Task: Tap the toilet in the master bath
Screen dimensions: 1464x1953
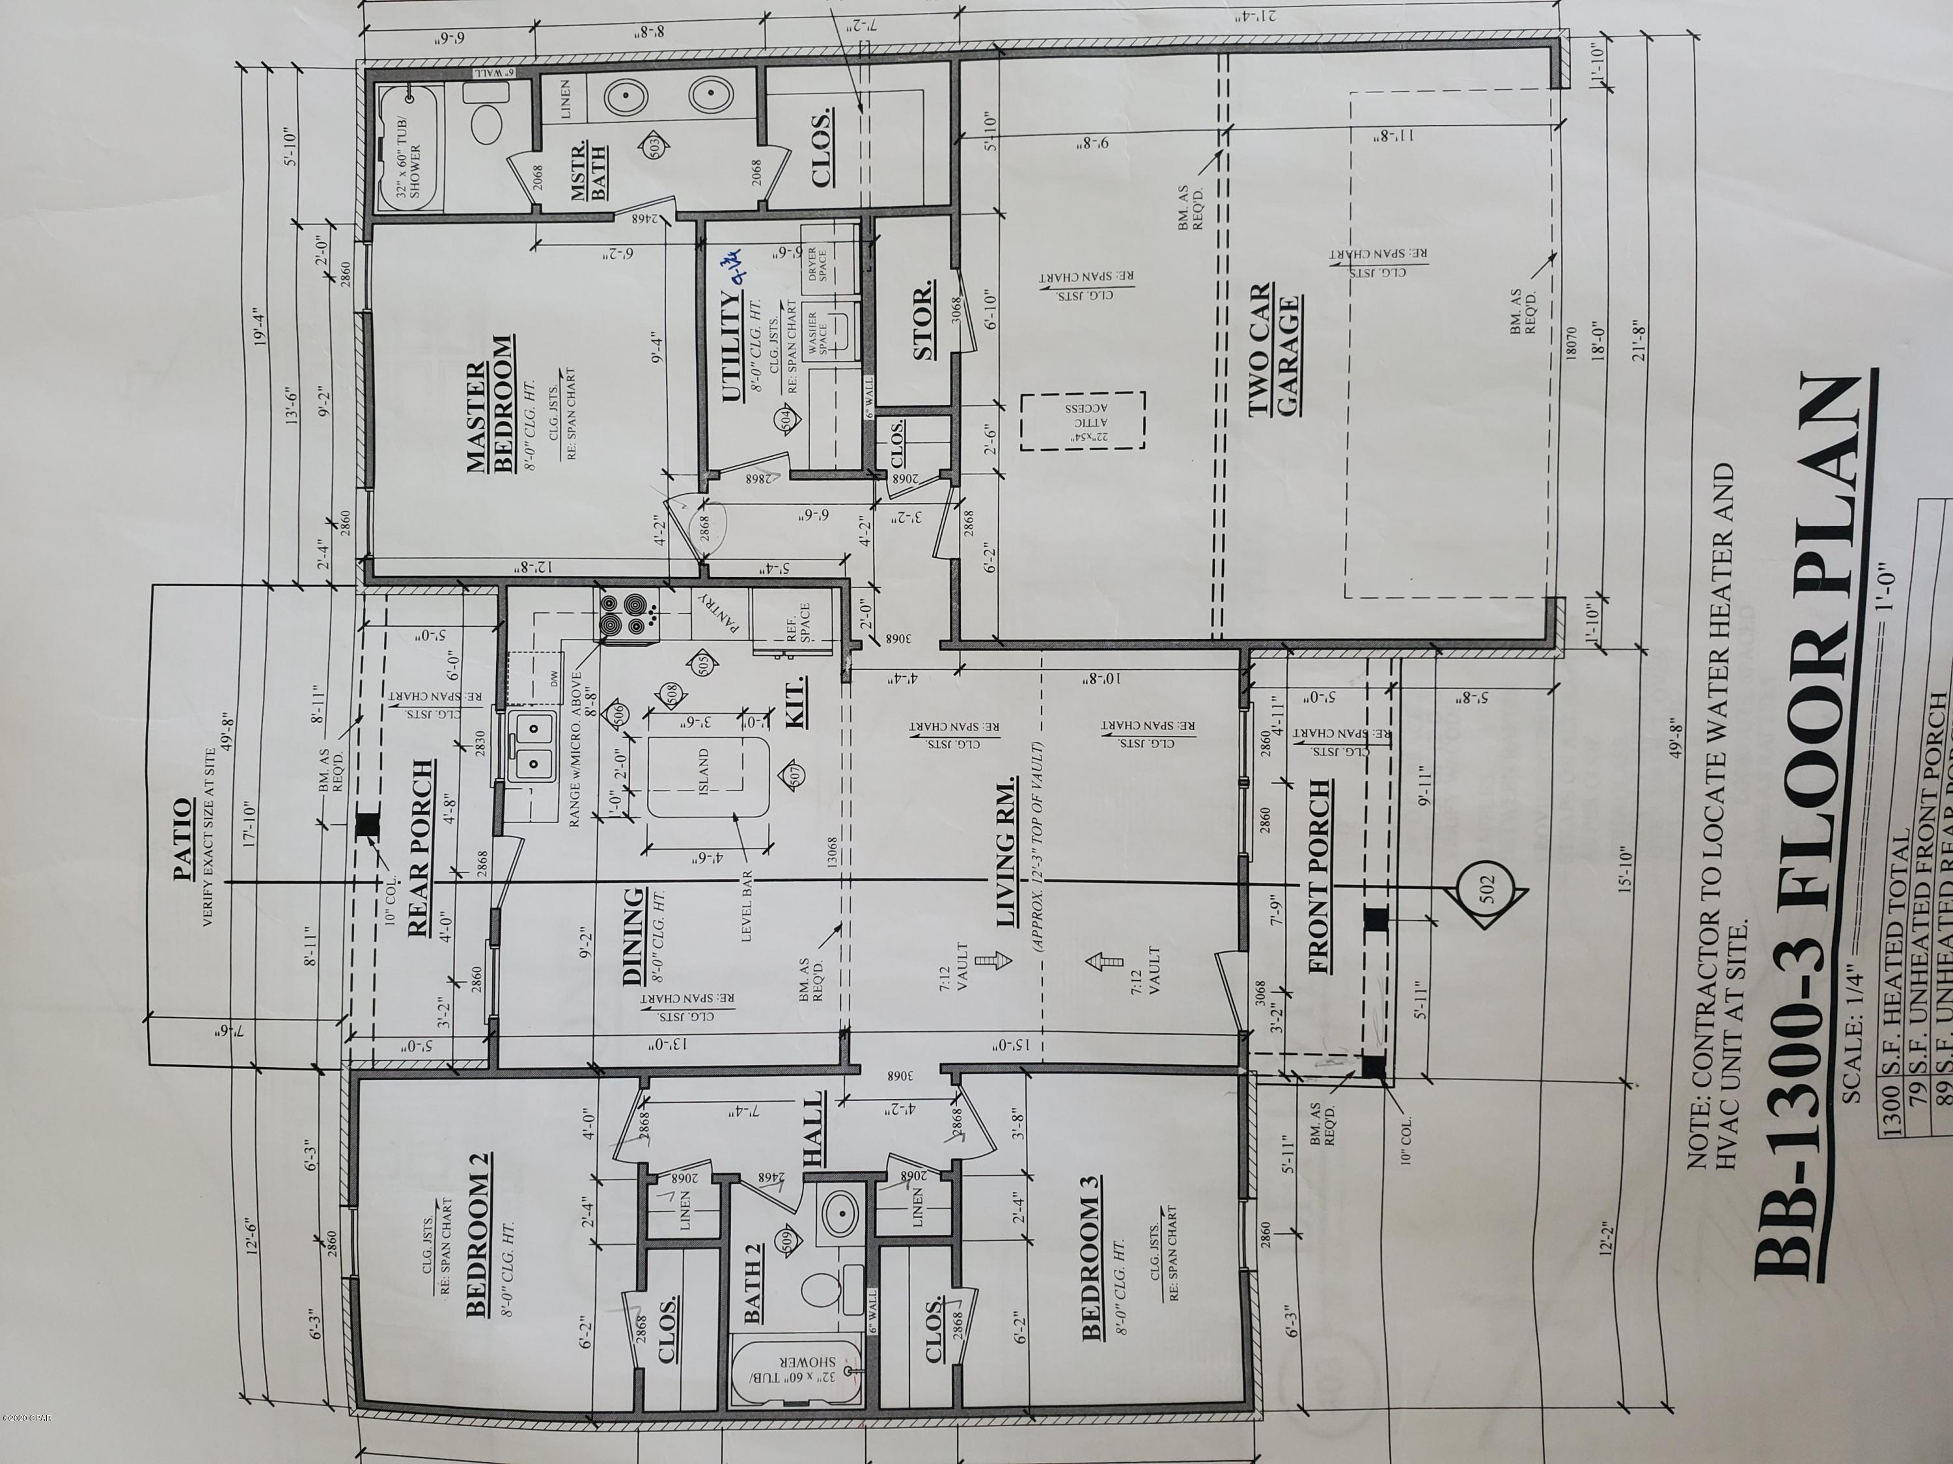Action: click(488, 123)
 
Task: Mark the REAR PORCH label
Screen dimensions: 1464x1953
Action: click(422, 847)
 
